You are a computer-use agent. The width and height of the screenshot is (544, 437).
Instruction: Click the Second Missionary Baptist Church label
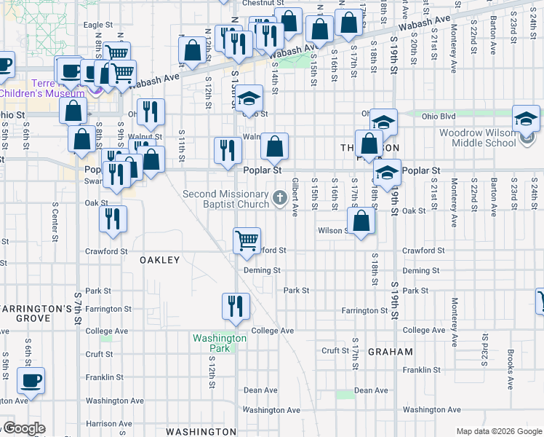click(225, 199)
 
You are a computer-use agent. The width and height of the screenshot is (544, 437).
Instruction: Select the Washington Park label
click(220, 343)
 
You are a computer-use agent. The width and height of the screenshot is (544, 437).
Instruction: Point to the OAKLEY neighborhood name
click(159, 259)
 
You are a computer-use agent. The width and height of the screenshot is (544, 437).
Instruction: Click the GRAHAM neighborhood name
click(391, 351)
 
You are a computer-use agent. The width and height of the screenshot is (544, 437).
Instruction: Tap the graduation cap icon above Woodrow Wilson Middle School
click(526, 119)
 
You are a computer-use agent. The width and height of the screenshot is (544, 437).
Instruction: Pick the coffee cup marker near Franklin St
click(31, 380)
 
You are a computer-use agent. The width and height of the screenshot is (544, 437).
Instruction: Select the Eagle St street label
click(97, 25)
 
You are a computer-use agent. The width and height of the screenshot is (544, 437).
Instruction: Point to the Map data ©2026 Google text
click(499, 431)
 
